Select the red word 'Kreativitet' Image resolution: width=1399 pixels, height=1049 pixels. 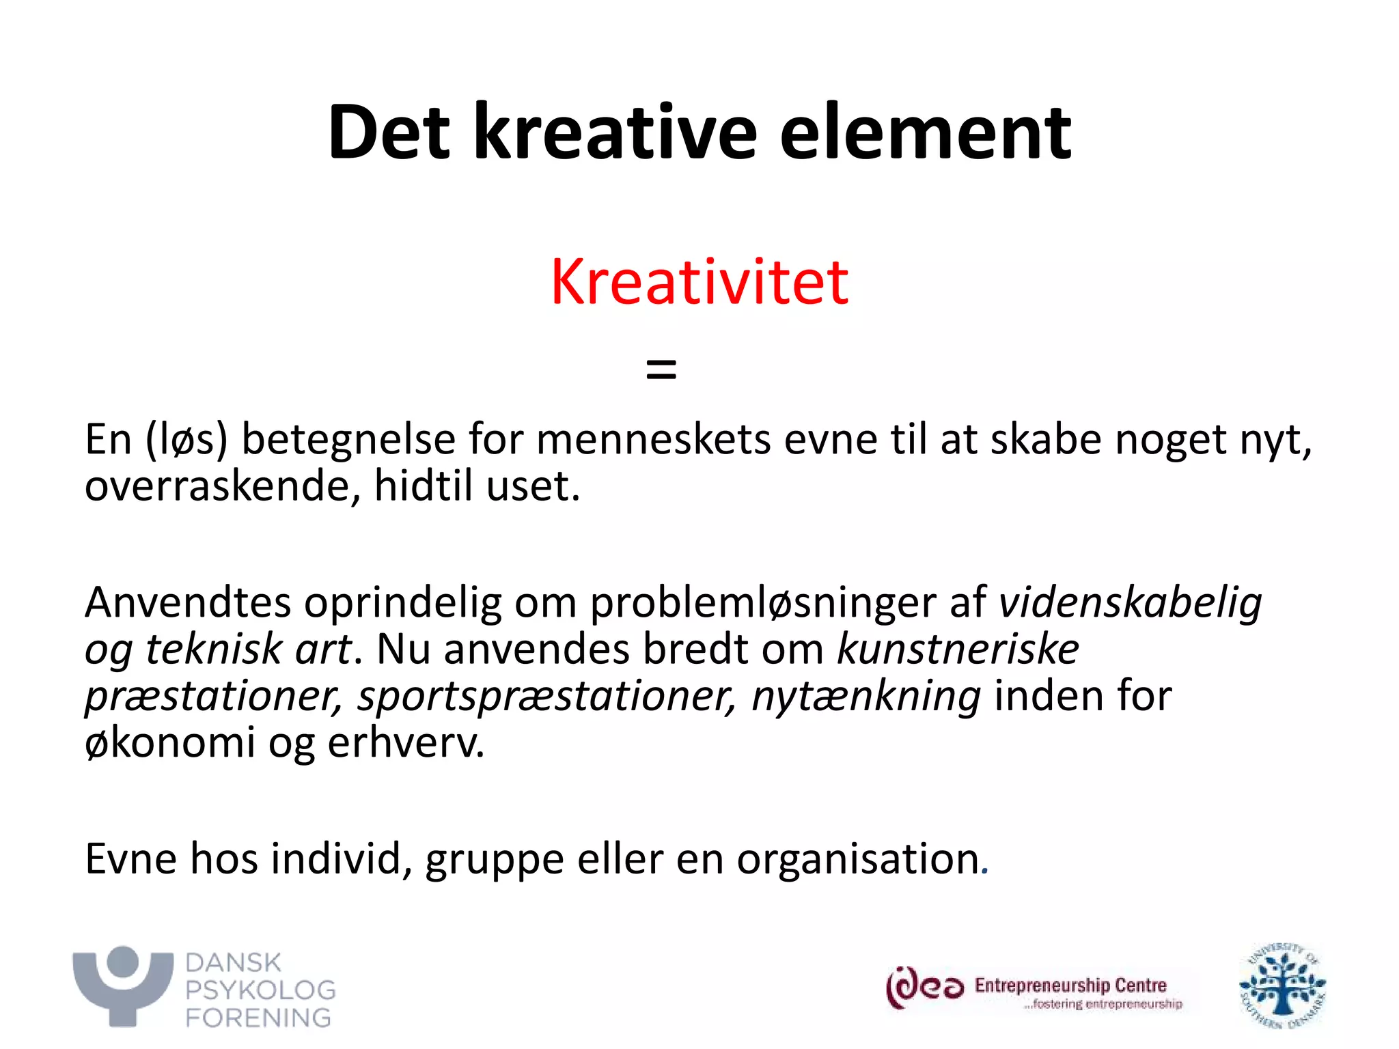(x=699, y=282)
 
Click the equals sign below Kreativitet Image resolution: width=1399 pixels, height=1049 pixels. (x=661, y=370)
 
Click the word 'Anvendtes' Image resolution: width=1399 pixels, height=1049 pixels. (x=187, y=602)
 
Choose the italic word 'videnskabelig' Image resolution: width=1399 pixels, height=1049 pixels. (x=1130, y=602)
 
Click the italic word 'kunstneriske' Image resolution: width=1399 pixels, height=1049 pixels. (x=958, y=649)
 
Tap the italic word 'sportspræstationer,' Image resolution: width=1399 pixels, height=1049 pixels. (x=547, y=697)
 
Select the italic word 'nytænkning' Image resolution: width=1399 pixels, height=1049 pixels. (x=866, y=697)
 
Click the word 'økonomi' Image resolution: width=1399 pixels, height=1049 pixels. (x=169, y=742)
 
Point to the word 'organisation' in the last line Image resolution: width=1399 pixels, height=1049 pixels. (x=858, y=858)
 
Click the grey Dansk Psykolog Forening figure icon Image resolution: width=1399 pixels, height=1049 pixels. (x=123, y=985)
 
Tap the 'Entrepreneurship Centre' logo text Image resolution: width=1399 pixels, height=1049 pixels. (x=1070, y=985)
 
